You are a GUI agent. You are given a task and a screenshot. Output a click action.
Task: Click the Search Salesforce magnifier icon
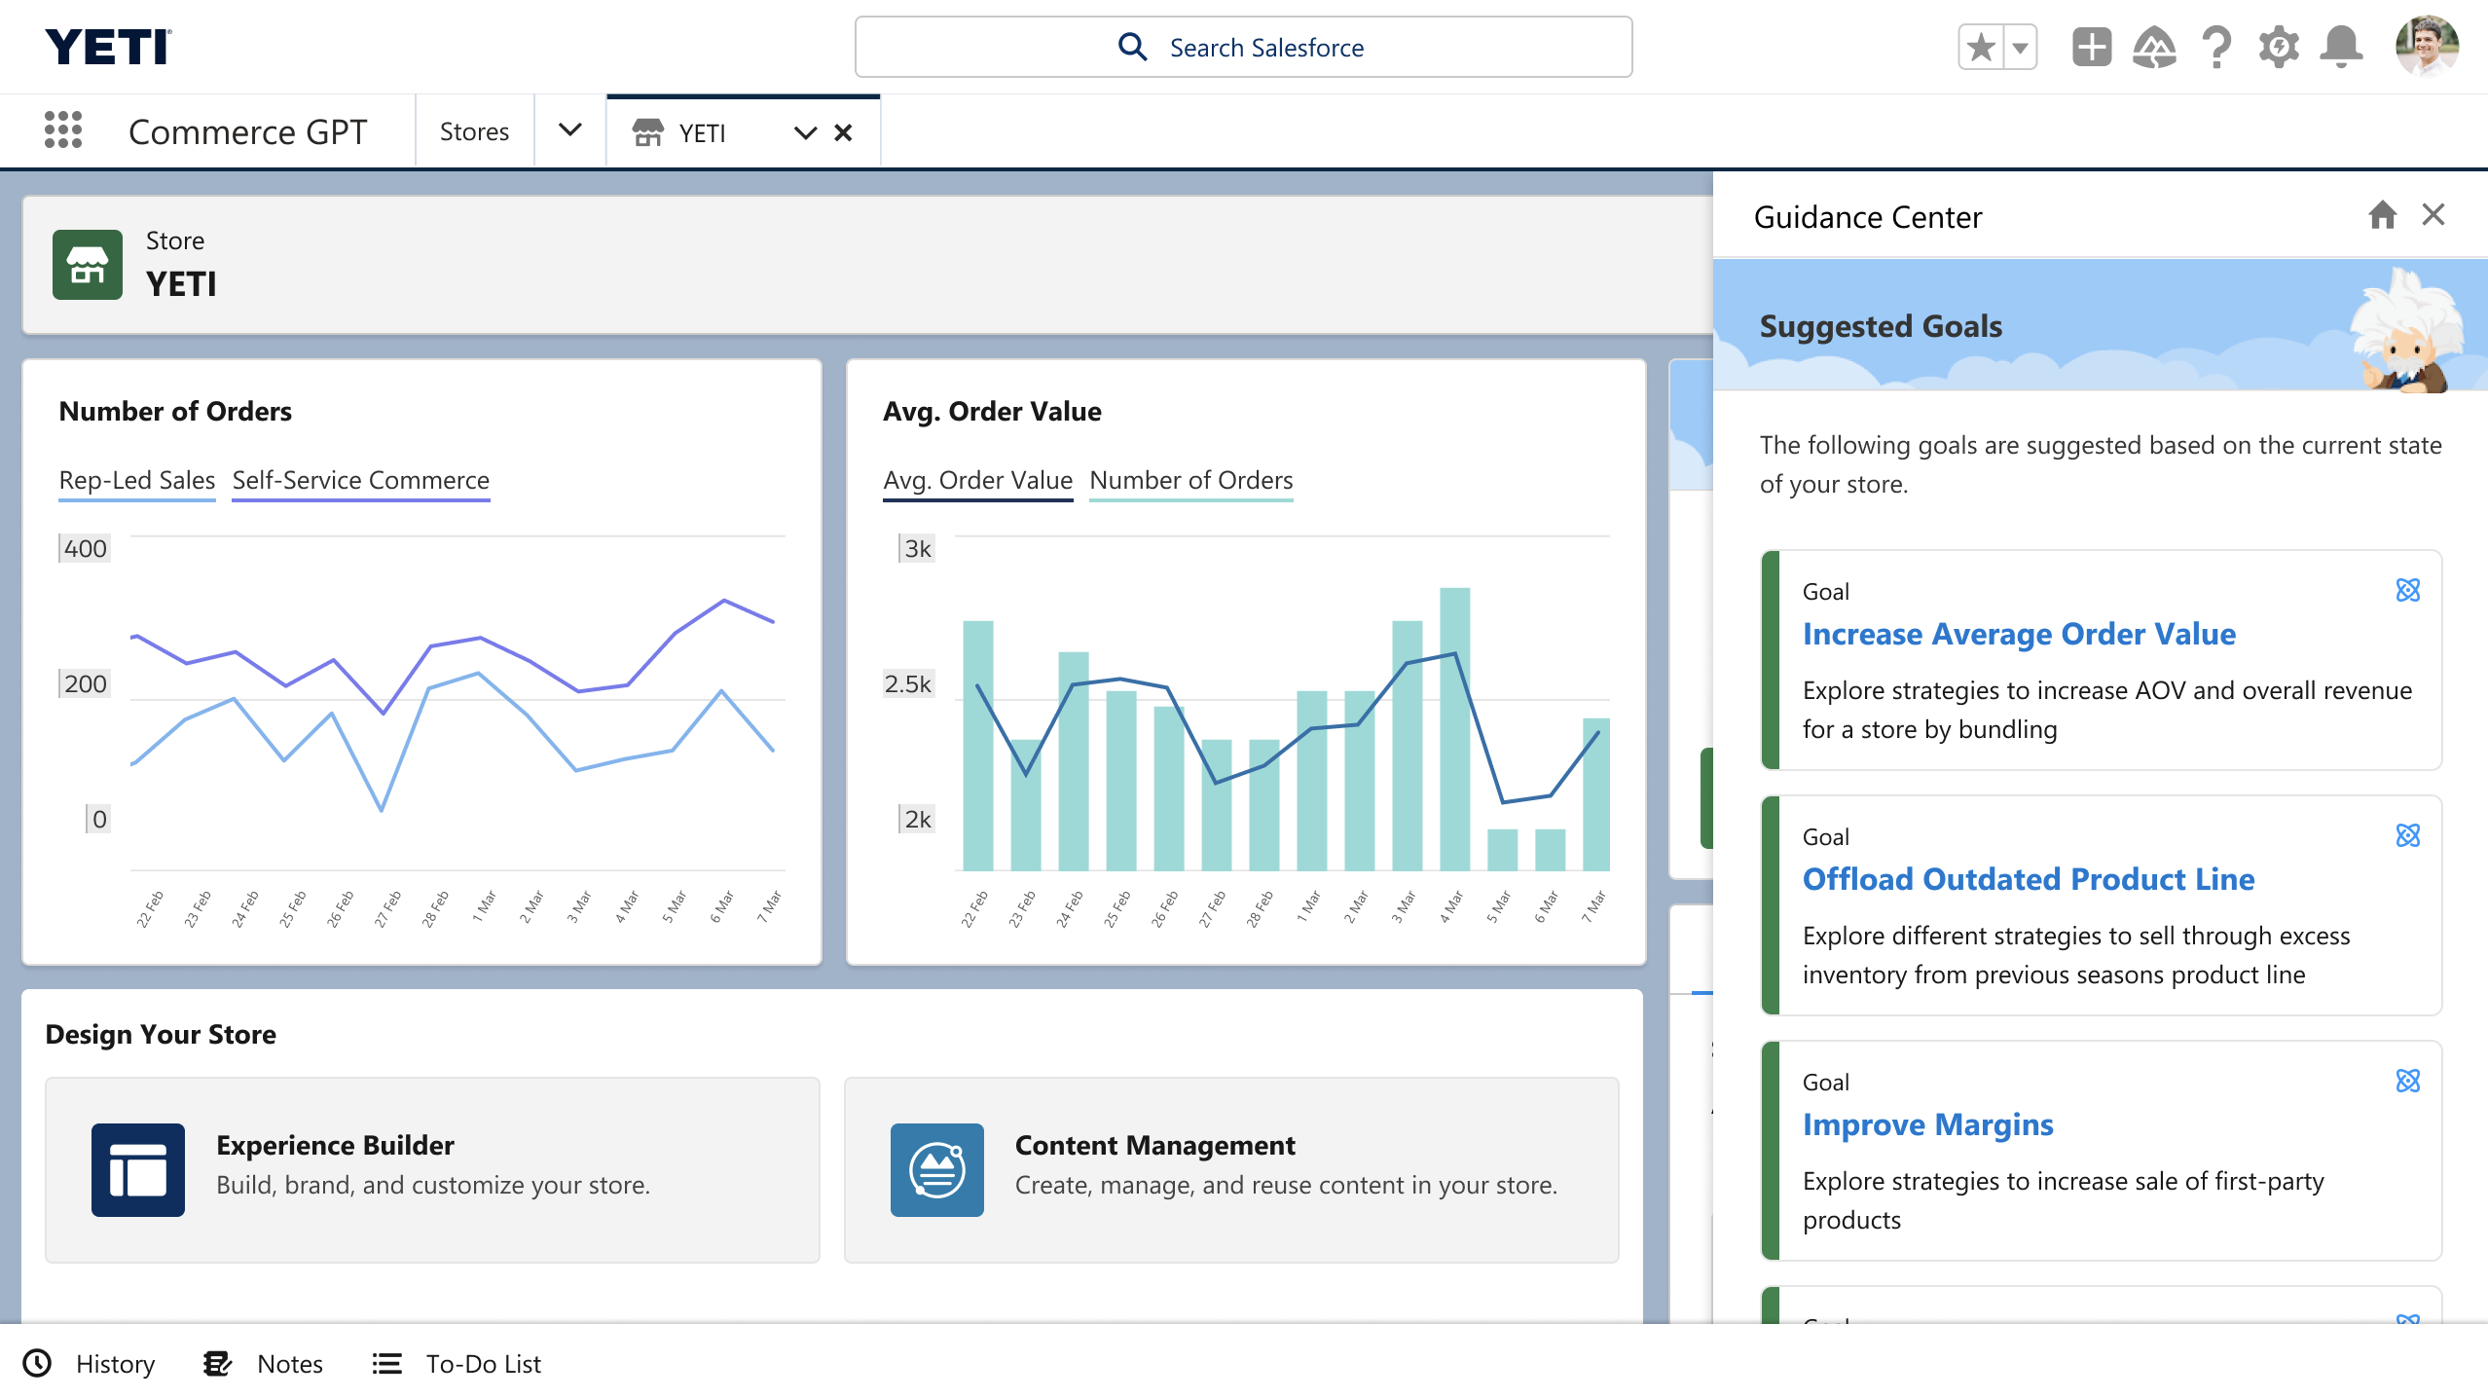(1132, 47)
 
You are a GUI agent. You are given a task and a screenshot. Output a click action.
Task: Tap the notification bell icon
(2341, 47)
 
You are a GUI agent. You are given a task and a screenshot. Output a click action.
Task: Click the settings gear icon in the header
(2279, 47)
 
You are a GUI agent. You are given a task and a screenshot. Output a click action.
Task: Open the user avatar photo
(2427, 46)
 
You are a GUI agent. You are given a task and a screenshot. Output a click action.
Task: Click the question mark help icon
(2216, 47)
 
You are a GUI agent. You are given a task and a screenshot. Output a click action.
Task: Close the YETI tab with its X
(843, 132)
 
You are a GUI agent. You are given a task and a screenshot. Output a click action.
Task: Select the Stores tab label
(474, 131)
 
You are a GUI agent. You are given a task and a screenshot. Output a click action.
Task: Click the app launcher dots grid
(63, 129)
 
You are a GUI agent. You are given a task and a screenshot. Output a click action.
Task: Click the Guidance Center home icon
(2382, 214)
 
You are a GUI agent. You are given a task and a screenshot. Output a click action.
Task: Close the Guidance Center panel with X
(2433, 214)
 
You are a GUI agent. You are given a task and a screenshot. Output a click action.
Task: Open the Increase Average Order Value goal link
(2019, 634)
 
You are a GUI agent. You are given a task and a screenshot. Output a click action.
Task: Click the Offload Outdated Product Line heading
(2029, 879)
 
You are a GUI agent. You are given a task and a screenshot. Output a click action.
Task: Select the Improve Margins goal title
(1927, 1124)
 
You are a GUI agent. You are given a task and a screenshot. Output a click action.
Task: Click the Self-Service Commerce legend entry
(360, 480)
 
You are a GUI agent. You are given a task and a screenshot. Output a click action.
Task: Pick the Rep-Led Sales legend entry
(136, 480)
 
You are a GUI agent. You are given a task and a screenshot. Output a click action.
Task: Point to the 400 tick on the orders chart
(86, 548)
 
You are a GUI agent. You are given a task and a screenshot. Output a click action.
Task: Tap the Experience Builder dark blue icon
(138, 1170)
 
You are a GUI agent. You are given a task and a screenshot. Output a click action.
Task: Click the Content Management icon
(936, 1170)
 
